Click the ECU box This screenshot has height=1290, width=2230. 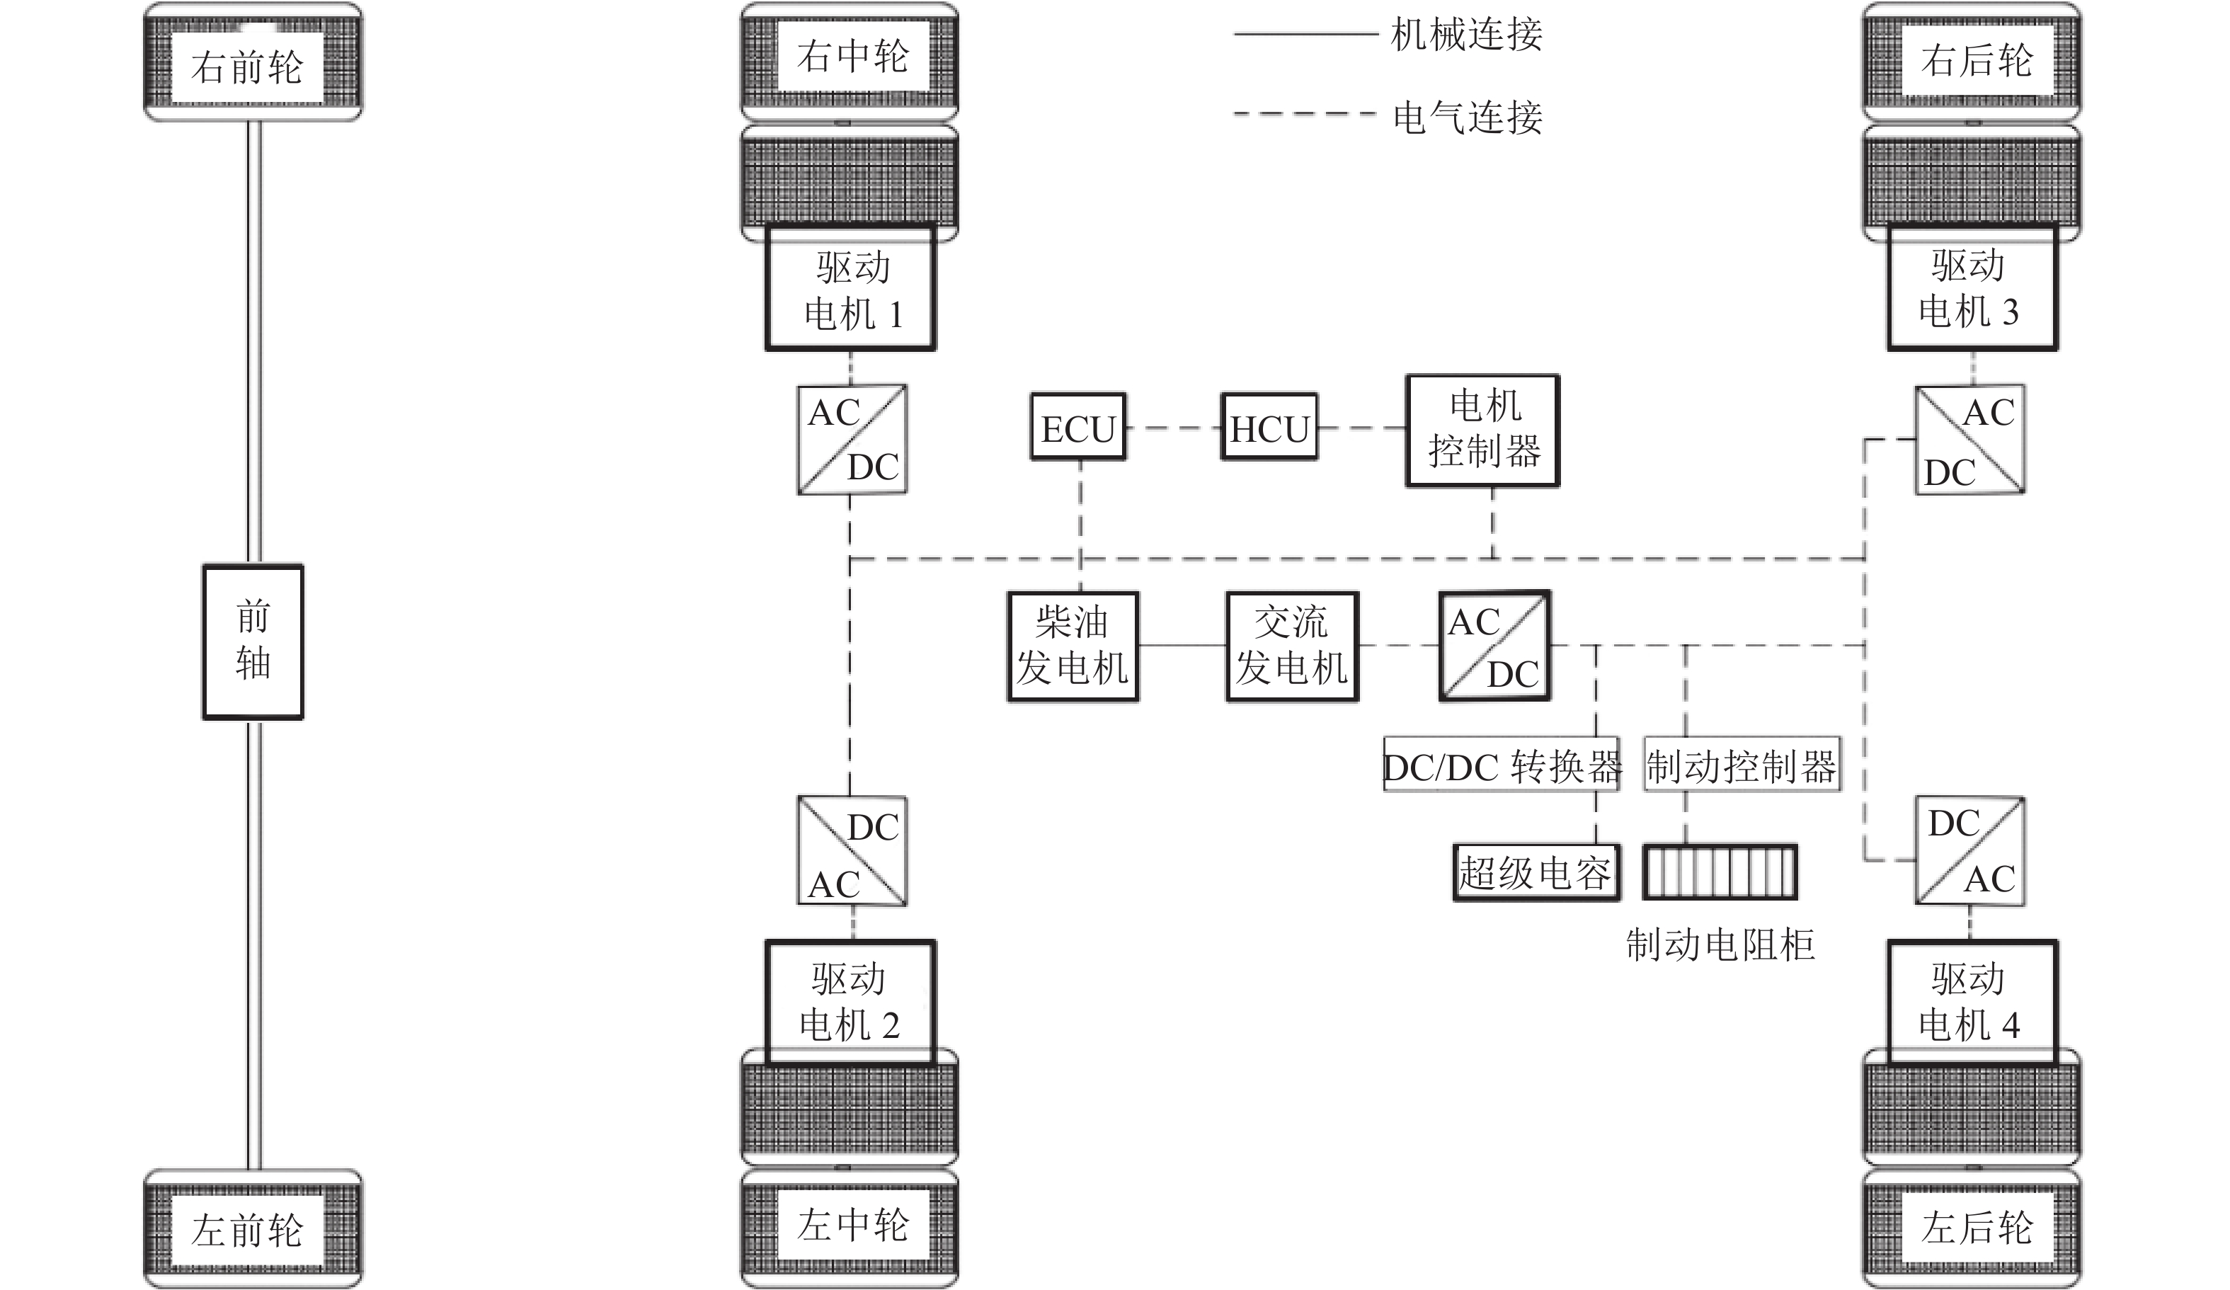[x=1077, y=428]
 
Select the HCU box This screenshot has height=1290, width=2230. [x=1269, y=428]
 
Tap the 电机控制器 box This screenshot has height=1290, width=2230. [x=1482, y=430]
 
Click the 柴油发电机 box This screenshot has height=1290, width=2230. [x=1073, y=646]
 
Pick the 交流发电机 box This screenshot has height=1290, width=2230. [x=1292, y=646]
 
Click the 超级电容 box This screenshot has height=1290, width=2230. [x=1536, y=873]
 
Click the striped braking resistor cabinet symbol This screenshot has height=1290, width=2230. [x=1720, y=873]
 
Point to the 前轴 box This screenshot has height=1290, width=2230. [x=253, y=641]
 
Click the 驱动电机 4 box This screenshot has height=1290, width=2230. [x=1972, y=1003]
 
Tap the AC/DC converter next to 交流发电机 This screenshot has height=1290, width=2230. [x=1494, y=646]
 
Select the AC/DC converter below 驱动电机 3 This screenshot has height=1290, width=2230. [x=1969, y=440]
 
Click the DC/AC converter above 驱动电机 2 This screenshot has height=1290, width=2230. [x=851, y=851]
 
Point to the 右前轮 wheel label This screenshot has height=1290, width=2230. [x=247, y=67]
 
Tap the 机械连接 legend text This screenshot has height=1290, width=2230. [x=1466, y=35]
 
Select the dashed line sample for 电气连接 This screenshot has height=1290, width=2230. [x=1305, y=114]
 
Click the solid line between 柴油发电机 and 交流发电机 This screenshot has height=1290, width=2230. [x=1182, y=646]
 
